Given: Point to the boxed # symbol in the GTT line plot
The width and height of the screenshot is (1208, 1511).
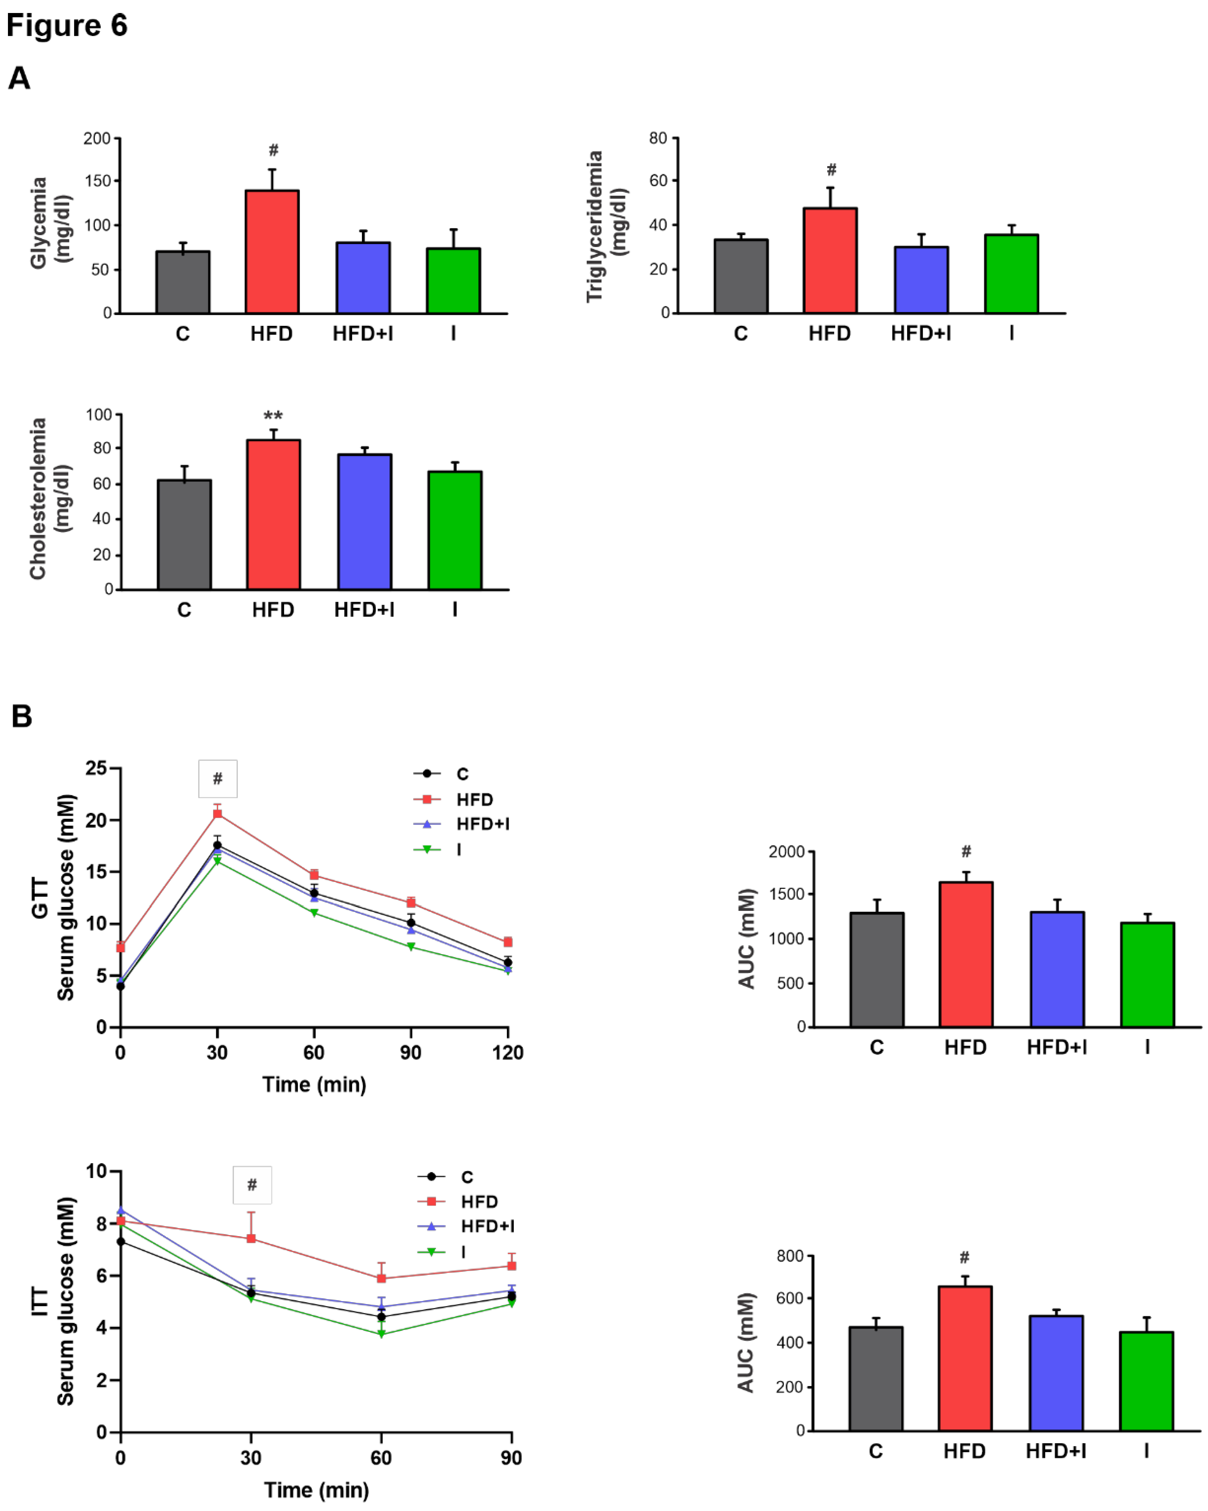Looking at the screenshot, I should point(217,779).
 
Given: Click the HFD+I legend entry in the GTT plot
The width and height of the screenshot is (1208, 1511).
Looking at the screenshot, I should point(482,824).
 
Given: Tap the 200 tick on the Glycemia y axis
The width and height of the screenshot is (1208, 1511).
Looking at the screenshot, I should point(97,139).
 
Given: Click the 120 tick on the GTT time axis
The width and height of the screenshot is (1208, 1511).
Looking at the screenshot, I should point(508,1053).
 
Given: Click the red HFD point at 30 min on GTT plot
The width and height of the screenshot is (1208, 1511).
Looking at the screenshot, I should point(217,814).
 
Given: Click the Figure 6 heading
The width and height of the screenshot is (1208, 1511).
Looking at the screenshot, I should point(66,26).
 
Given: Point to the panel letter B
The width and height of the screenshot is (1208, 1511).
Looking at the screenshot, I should point(22,716).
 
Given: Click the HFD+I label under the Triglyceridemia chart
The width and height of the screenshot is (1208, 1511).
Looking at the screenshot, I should point(920,334).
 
